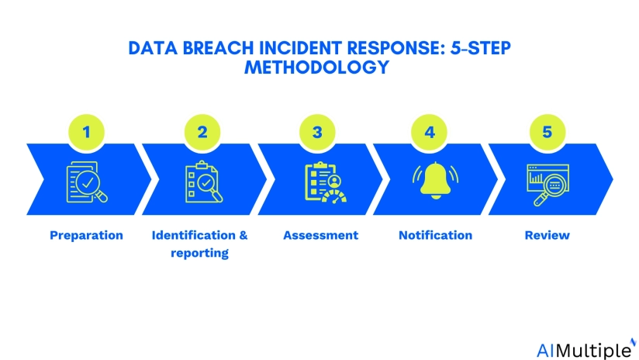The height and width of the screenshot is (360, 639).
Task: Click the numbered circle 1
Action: point(87,132)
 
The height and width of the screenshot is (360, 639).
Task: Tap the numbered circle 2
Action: point(202,132)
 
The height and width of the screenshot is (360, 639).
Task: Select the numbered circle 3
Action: point(317,132)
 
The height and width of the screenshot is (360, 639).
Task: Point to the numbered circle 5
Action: point(547,132)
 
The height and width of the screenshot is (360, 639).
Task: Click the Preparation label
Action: point(86,235)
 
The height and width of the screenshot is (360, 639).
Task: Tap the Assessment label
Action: point(320,235)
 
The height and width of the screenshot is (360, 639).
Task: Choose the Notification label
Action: point(435,235)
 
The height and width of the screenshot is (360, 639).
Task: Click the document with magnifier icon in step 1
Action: point(87,183)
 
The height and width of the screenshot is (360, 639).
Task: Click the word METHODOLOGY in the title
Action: point(316,67)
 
